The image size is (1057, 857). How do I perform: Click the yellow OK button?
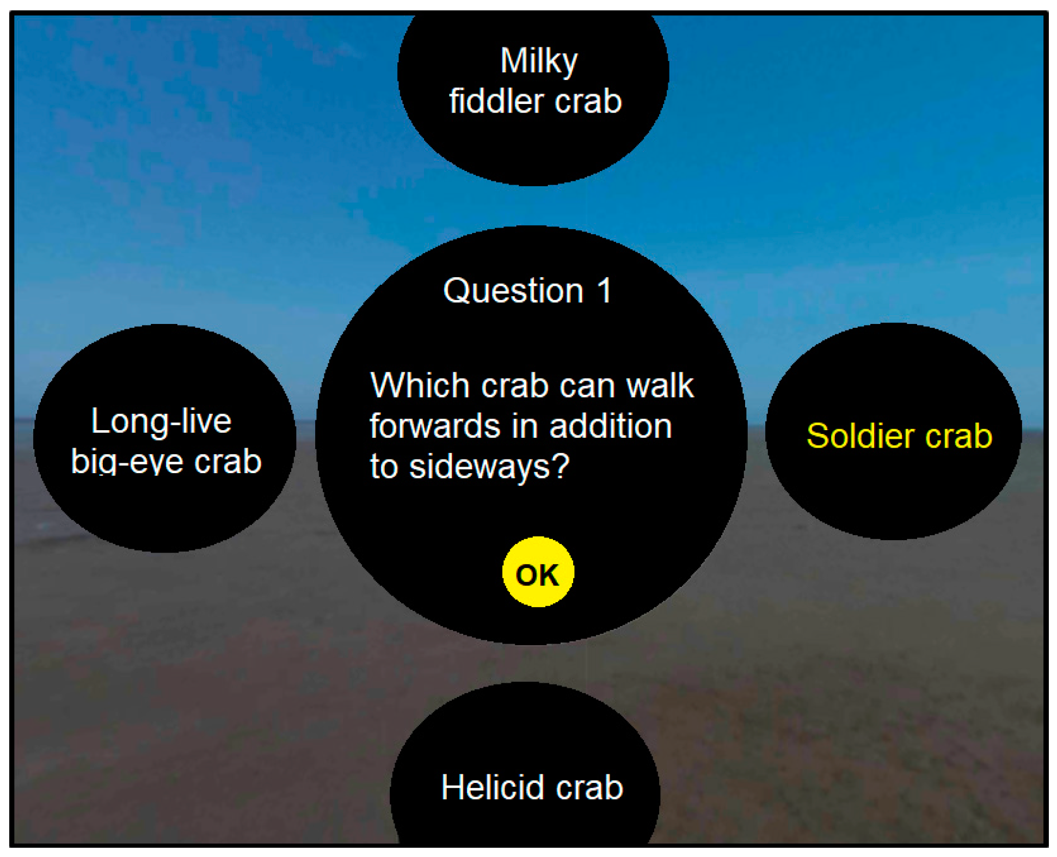pyautogui.click(x=538, y=572)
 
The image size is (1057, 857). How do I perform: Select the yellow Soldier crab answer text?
pyautogui.click(x=899, y=436)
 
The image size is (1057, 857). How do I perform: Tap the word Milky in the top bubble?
pyautogui.click(x=539, y=61)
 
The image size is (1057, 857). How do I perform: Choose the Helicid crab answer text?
pyautogui.click(x=532, y=787)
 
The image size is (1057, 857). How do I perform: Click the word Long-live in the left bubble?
pyautogui.click(x=161, y=421)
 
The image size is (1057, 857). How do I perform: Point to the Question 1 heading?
pyautogui.click(x=527, y=291)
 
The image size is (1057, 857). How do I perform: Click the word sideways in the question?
pyautogui.click(x=482, y=467)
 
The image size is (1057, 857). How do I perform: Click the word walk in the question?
pyautogui.click(x=660, y=385)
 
